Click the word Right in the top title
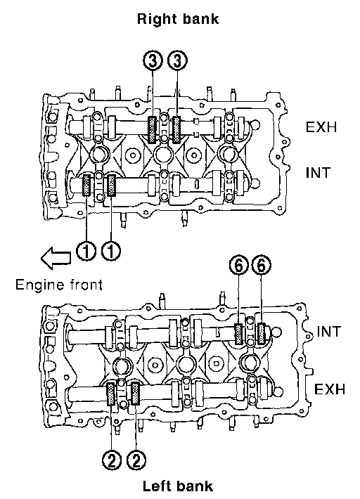[155, 20]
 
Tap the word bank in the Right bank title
[198, 18]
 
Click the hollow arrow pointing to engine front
[56, 257]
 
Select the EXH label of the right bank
[321, 127]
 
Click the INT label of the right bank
[318, 173]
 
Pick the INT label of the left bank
[329, 332]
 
